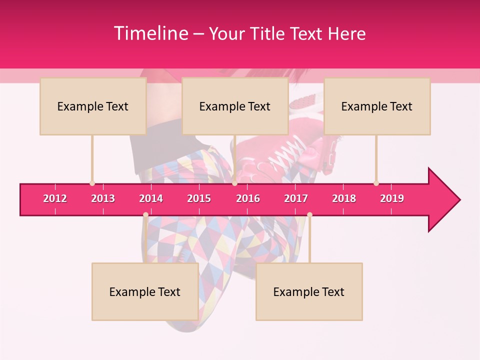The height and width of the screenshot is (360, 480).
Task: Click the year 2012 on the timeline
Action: (x=55, y=198)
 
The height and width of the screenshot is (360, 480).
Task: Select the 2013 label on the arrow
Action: (x=103, y=198)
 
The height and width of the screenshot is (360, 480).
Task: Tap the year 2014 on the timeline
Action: (x=151, y=198)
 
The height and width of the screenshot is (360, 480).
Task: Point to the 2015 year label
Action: (x=199, y=198)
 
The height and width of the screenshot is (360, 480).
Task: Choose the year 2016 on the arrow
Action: (x=248, y=198)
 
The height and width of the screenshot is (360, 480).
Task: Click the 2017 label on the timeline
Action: (x=296, y=198)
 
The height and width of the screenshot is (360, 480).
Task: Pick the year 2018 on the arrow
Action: (x=344, y=198)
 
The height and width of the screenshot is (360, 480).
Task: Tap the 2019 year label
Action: (x=392, y=198)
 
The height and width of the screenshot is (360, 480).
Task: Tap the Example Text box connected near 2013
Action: (x=93, y=106)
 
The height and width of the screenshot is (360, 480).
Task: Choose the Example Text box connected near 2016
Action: (x=235, y=106)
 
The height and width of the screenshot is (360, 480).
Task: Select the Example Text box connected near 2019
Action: (x=377, y=106)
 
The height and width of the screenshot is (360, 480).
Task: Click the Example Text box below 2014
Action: (x=145, y=291)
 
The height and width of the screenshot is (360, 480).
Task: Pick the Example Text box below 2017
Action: (x=309, y=291)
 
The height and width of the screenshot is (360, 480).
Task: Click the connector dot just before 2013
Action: (x=92, y=183)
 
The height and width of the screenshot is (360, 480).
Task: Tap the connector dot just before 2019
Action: (x=376, y=183)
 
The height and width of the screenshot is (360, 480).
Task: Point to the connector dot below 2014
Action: (x=145, y=215)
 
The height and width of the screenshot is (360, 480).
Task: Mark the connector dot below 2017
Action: (x=309, y=215)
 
